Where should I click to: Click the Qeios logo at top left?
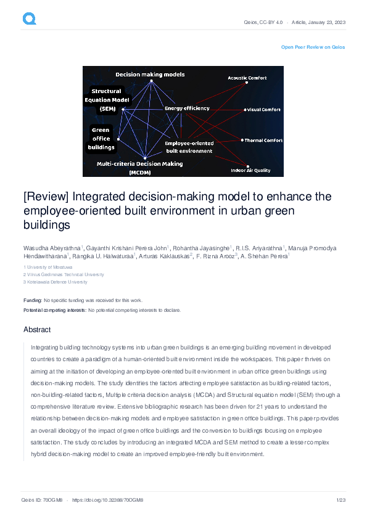click(29, 19)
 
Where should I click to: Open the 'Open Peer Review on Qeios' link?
click(313, 47)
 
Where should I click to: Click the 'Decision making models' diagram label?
click(150, 75)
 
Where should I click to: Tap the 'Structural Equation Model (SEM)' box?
click(106, 99)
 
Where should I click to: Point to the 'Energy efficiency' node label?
click(187, 108)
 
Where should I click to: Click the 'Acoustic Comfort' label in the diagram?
click(247, 78)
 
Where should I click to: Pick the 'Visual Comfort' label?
click(264, 110)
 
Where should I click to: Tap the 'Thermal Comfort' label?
click(263, 141)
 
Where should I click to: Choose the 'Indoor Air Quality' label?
click(250, 170)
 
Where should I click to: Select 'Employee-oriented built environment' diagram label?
click(189, 147)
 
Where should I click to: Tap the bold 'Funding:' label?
click(33, 300)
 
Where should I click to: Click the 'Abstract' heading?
click(37, 330)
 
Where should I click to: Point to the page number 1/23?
click(340, 500)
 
